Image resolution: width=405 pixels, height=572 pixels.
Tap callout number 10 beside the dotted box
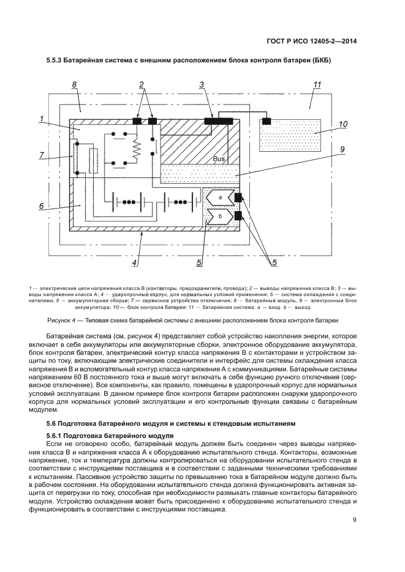point(344,124)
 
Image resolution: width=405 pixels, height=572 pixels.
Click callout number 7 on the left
point(42,155)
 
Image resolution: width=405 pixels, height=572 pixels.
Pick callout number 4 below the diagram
point(135,263)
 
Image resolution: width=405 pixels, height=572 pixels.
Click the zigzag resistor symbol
point(137,147)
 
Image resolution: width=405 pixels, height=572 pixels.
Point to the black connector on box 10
point(267,120)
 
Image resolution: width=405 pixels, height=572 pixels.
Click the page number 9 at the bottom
point(355,521)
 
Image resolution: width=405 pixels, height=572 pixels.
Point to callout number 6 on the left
point(42,207)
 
